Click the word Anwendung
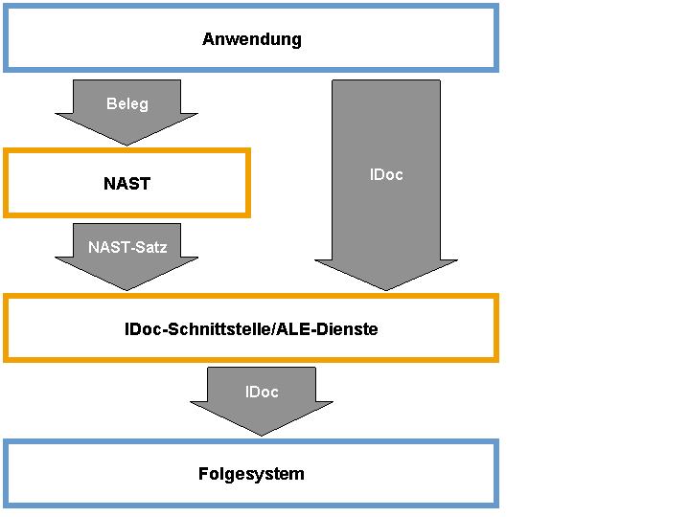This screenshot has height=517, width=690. pyautogui.click(x=252, y=39)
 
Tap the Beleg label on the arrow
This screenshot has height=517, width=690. pyautogui.click(x=127, y=104)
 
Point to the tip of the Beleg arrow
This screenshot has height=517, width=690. pyautogui.click(x=126, y=146)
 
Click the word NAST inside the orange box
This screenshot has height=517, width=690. pyautogui.click(x=126, y=183)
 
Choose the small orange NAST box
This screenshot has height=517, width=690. pyautogui.click(x=126, y=151)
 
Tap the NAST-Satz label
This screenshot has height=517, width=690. pyautogui.click(x=127, y=247)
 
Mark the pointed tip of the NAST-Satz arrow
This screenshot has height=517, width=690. pyautogui.click(x=126, y=290)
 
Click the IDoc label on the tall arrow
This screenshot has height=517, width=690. pyautogui.click(x=386, y=174)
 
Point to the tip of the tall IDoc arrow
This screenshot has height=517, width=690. pyautogui.click(x=386, y=290)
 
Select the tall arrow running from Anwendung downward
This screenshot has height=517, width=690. pyautogui.click(x=386, y=185)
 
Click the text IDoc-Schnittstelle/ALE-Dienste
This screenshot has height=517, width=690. pyautogui.click(x=251, y=328)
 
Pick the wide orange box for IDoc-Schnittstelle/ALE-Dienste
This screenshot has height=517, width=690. pyautogui.click(x=251, y=296)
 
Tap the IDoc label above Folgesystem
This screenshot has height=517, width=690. pyautogui.click(x=262, y=392)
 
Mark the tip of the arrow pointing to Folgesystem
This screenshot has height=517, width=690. pyautogui.click(x=262, y=436)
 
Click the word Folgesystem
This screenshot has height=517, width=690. pyautogui.click(x=251, y=474)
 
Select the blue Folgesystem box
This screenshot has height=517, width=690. pyautogui.click(x=251, y=441)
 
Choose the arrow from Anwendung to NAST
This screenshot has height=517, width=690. pyautogui.click(x=126, y=113)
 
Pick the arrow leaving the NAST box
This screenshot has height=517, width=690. pyautogui.click(x=126, y=257)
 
